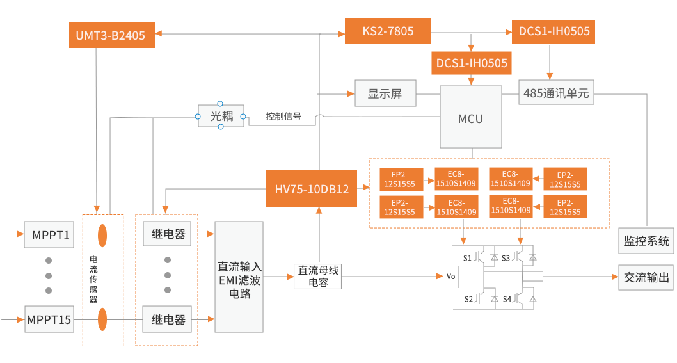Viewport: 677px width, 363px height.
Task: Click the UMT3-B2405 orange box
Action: (111, 35)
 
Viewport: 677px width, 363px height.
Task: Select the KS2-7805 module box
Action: (388, 31)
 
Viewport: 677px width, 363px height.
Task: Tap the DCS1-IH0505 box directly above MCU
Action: (472, 63)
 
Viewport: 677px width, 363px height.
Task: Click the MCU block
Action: (470, 118)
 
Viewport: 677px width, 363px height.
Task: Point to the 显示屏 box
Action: (385, 93)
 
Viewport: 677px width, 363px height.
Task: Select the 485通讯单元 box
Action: (555, 93)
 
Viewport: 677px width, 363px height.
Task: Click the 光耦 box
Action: (220, 116)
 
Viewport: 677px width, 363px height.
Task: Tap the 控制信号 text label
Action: (283, 117)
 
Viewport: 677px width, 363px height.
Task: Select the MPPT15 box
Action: (49, 318)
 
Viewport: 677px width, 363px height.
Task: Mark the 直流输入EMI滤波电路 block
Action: (239, 277)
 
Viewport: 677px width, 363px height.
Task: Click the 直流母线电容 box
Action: (318, 277)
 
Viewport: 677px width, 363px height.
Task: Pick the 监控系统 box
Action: (646, 241)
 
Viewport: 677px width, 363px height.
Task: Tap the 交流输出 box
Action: (646, 277)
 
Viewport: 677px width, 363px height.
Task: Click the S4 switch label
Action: (507, 298)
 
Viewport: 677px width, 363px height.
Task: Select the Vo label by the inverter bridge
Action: (450, 277)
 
